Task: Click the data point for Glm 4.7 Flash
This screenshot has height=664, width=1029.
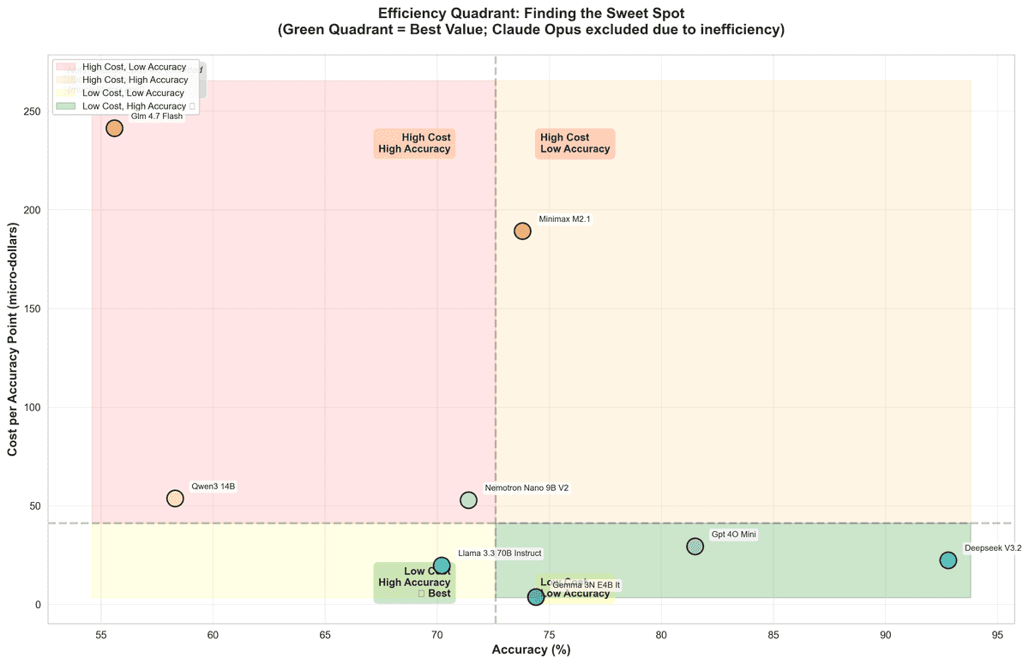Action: click(x=114, y=129)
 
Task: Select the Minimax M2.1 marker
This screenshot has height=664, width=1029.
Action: click(x=522, y=231)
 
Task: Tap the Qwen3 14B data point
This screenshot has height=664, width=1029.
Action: click(x=175, y=499)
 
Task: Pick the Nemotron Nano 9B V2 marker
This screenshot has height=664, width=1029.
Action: click(x=468, y=500)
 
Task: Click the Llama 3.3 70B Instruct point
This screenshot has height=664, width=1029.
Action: click(x=442, y=565)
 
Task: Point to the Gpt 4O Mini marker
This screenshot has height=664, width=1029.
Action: click(x=695, y=547)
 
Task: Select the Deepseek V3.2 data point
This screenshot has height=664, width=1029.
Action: click(x=948, y=560)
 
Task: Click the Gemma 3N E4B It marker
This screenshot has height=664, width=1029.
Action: click(x=536, y=597)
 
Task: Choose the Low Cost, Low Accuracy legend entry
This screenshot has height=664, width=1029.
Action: click(x=133, y=93)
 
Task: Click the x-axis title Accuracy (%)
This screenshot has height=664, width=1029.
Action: click(x=531, y=650)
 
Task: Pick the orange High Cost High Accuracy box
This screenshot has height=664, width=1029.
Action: click(x=414, y=143)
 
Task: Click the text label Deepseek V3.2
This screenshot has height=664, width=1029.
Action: click(x=993, y=548)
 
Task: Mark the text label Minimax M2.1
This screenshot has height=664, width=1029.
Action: click(x=564, y=219)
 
